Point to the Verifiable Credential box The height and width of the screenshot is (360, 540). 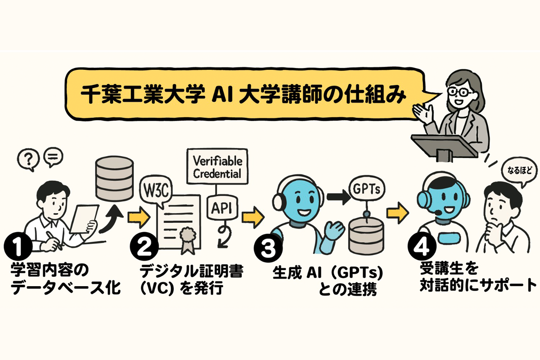pos(217,167)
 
